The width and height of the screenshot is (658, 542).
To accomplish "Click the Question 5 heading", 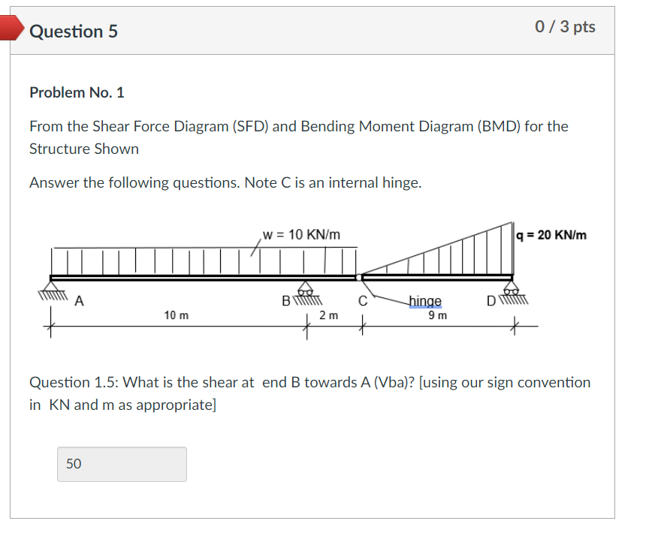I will pyautogui.click(x=74, y=32).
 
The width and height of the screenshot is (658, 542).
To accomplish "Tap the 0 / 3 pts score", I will pyautogui.click(x=565, y=27).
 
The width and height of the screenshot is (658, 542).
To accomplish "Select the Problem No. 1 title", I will pyautogui.click(x=77, y=92).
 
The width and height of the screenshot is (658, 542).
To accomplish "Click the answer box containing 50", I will pyautogui.click(x=122, y=464).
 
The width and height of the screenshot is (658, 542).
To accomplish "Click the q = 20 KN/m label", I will pyautogui.click(x=552, y=235).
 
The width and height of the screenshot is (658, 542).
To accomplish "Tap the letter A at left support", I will pyautogui.click(x=79, y=302).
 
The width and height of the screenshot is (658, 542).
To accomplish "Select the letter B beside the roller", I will pyautogui.click(x=285, y=302).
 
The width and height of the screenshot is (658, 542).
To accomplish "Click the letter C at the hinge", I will pyautogui.click(x=362, y=302).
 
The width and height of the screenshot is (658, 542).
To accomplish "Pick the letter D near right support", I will pyautogui.click(x=491, y=302).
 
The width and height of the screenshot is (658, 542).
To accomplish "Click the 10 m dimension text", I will pyautogui.click(x=177, y=315).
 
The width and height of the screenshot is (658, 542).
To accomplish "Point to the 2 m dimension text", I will pyautogui.click(x=328, y=315).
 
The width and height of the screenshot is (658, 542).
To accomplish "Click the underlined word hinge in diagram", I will pyautogui.click(x=425, y=301).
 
